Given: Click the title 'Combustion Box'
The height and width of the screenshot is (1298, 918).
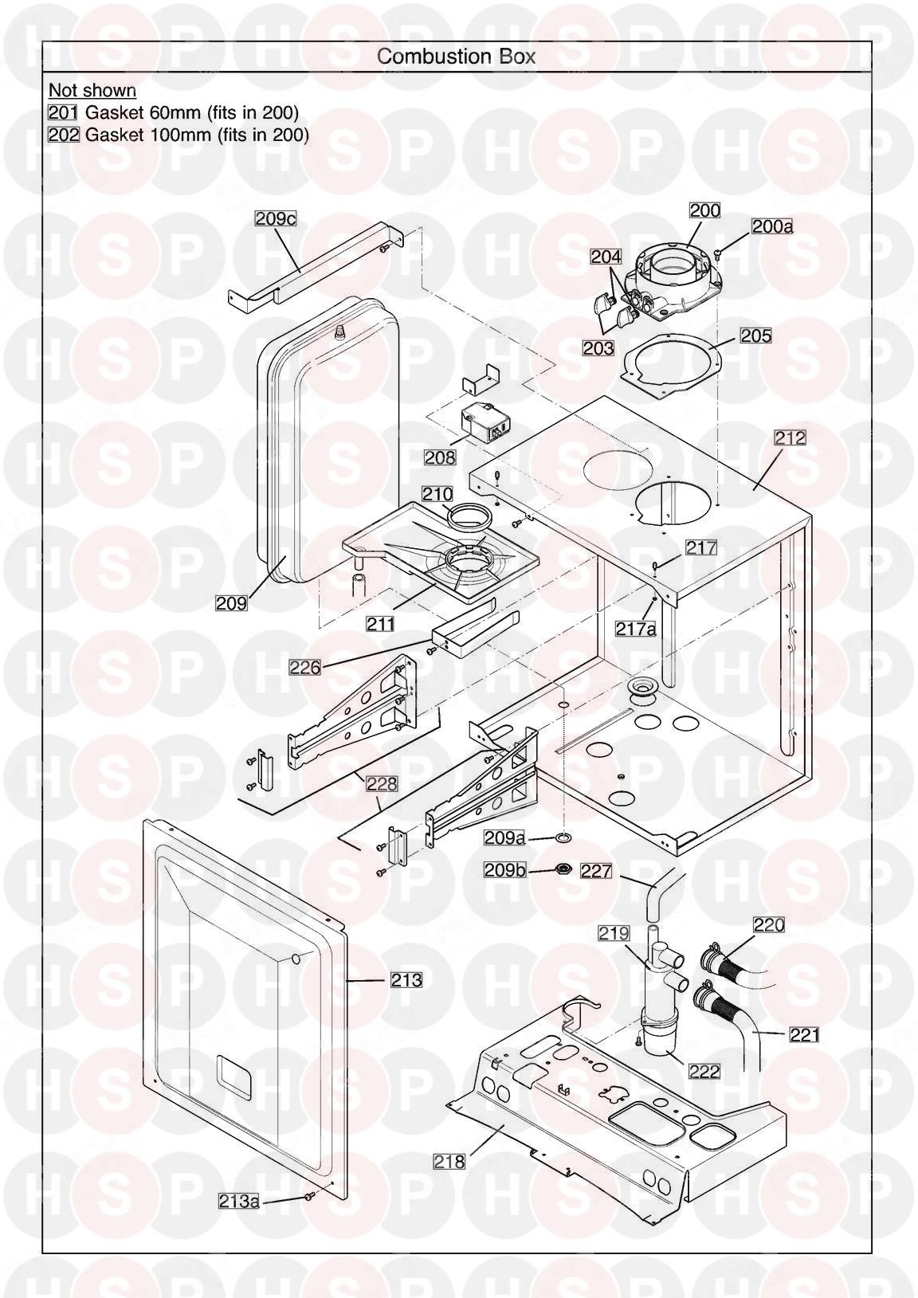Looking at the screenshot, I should click(456, 57).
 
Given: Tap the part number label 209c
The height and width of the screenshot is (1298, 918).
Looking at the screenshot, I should click(275, 218).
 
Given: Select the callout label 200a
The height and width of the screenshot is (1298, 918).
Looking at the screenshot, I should click(771, 226).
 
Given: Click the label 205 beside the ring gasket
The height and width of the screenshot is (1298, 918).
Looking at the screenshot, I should click(755, 335).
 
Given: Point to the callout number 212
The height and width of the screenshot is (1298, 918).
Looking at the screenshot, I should click(790, 437).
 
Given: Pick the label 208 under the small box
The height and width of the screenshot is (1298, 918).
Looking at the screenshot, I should click(439, 457).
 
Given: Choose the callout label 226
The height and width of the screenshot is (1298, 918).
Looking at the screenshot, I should click(305, 667).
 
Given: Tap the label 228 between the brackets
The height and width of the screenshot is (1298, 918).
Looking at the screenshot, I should click(381, 784).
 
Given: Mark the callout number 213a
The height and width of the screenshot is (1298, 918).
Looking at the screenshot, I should click(239, 1223).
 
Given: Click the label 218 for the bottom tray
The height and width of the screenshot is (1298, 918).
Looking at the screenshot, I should click(449, 1162).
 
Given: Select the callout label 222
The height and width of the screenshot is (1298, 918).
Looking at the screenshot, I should click(704, 1072).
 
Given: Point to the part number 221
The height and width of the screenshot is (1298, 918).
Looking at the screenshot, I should click(804, 1034).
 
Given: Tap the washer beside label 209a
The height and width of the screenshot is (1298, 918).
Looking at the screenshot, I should click(565, 837).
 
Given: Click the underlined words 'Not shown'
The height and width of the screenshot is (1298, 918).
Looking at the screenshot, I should click(92, 90).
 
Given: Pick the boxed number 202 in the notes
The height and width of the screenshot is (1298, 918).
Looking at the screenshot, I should click(64, 135).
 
